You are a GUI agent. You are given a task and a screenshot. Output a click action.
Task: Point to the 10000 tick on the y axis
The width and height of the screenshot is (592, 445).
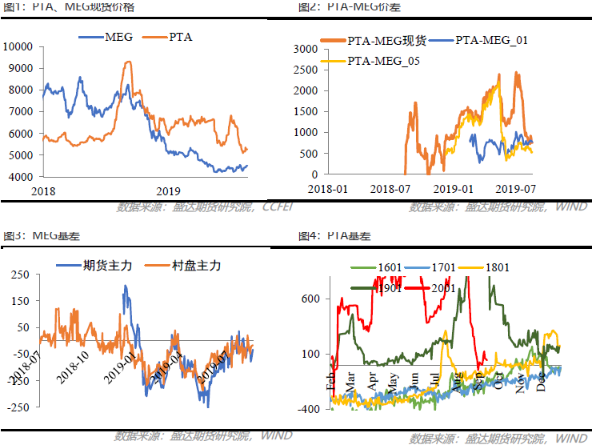pyautogui.click(x=18, y=46)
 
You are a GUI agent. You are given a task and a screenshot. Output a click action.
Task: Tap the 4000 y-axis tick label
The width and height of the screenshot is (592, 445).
pyautogui.click(x=22, y=176)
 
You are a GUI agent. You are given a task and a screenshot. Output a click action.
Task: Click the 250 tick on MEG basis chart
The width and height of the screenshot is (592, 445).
pyautogui.click(x=19, y=274)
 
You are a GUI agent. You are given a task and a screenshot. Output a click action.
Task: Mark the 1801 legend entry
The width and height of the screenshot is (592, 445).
pyautogui.click(x=497, y=267)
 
